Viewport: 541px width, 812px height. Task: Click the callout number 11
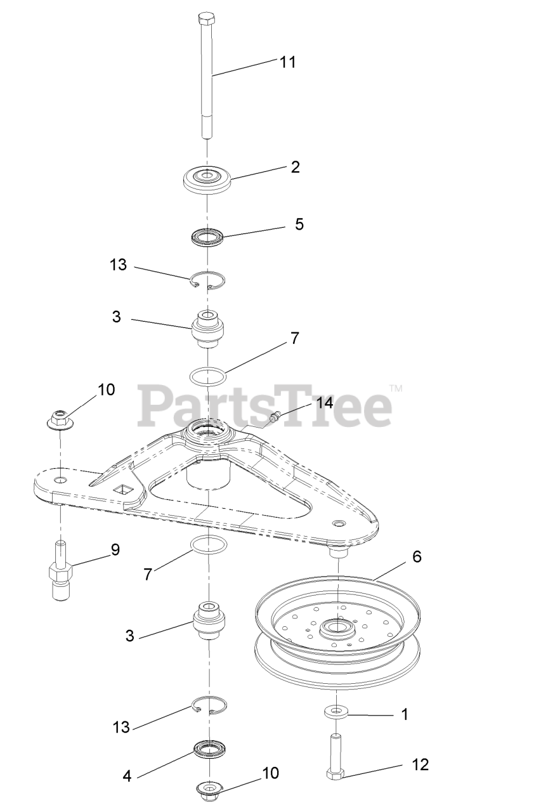287,62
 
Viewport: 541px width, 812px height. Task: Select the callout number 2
295,167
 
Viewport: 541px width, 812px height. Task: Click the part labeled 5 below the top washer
207,239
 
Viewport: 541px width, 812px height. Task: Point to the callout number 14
325,403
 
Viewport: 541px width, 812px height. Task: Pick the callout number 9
115,549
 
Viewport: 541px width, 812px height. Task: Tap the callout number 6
416,556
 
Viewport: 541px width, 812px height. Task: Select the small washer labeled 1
336,711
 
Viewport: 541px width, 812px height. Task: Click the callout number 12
419,764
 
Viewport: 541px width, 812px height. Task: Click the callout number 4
127,776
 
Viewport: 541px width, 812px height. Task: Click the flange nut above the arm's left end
60,419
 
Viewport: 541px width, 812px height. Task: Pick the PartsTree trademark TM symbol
395,388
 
